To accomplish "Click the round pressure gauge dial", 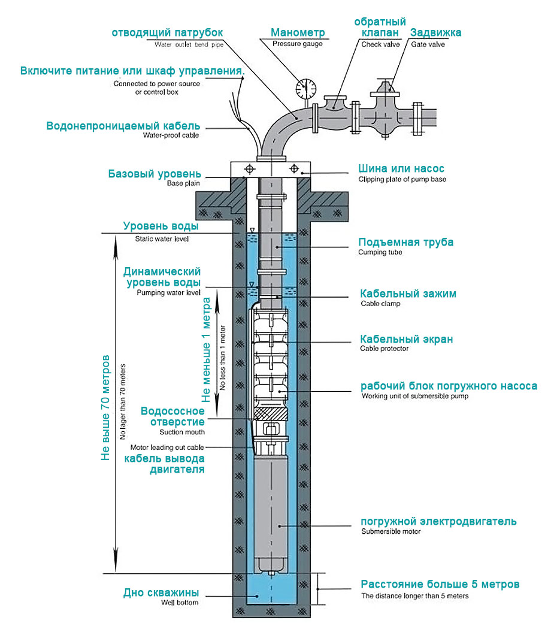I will coord(305,88).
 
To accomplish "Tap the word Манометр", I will coord(298,32).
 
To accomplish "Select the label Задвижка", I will coord(435,32).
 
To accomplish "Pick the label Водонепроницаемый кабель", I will coord(123,126).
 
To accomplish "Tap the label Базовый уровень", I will coord(155,174).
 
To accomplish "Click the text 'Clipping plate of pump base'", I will coord(402,179).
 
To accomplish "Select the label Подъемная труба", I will coord(405,242).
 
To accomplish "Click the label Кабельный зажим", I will coord(408,294).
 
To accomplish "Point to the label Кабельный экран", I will coord(406,339).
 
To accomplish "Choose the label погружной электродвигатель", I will coord(438,521).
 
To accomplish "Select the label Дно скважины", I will coord(161,593).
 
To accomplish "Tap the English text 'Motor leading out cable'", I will coord(167,447).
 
